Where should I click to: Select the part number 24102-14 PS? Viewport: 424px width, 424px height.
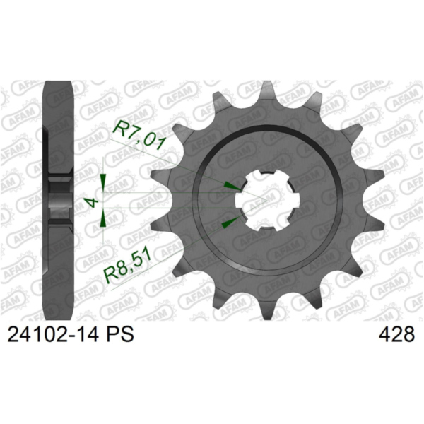(x=71, y=334)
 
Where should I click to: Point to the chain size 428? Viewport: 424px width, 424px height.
(x=396, y=334)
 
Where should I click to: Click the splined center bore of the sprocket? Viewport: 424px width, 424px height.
(x=266, y=201)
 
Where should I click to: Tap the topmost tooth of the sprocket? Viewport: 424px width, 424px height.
(x=266, y=89)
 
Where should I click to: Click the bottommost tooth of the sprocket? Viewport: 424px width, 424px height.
(x=266, y=311)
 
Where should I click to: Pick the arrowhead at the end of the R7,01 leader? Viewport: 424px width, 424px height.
(x=232, y=185)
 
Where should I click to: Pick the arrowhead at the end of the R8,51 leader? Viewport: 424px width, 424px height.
(x=230, y=220)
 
